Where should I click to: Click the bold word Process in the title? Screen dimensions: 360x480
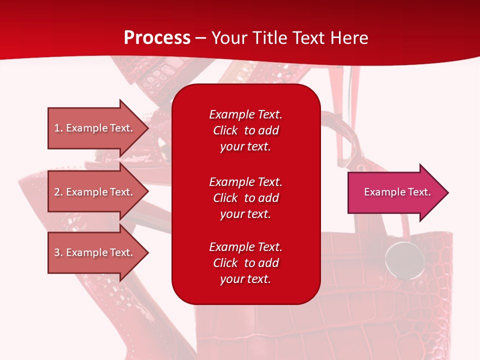point(157,38)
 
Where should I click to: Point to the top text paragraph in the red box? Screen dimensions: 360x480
point(245,130)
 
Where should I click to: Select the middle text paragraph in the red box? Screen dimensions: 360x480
point(245,198)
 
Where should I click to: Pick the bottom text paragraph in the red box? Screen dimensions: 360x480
point(245,263)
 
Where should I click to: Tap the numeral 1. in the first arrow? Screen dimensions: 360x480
point(58,128)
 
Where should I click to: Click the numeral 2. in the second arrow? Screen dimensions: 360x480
point(58,192)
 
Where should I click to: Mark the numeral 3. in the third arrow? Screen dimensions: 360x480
point(58,252)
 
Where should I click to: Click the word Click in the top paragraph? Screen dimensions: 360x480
point(225,130)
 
